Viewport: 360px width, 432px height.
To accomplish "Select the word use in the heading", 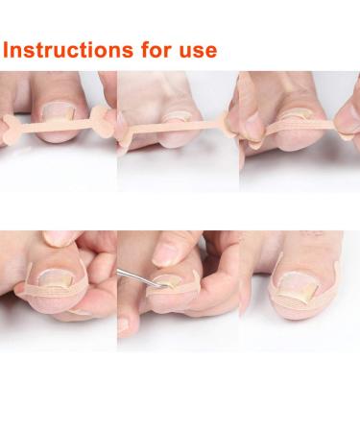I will click(x=195, y=51).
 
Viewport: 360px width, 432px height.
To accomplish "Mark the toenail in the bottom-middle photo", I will click(x=169, y=284).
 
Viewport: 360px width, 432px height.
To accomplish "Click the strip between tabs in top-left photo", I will click(x=58, y=125).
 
